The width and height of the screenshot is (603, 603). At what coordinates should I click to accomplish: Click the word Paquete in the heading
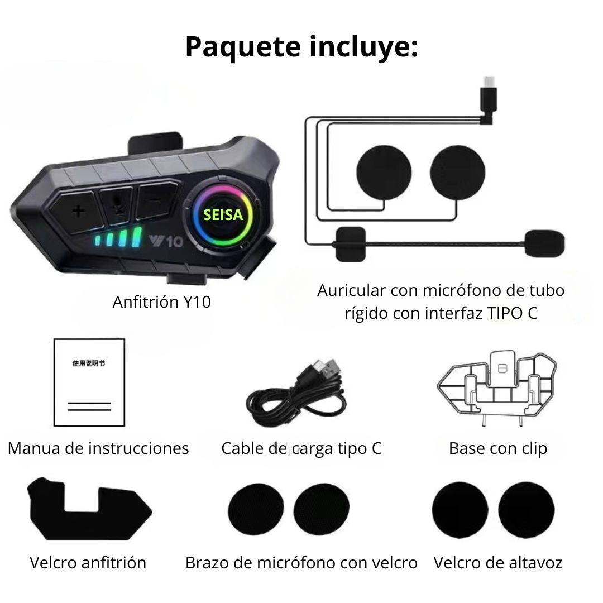(x=243, y=47)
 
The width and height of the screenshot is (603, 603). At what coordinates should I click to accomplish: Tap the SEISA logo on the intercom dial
(x=223, y=214)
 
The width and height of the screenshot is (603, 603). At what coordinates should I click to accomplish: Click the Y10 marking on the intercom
(x=166, y=241)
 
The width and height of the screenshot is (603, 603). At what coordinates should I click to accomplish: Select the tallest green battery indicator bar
(x=137, y=237)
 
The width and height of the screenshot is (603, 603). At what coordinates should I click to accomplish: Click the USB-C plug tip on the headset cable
(x=489, y=82)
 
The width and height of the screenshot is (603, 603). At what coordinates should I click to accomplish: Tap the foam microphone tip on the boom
(x=544, y=243)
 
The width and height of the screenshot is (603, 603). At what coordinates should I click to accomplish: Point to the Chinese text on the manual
(x=88, y=363)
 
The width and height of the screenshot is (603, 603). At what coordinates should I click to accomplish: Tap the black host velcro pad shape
(x=89, y=509)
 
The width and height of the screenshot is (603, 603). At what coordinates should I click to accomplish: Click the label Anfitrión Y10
(x=161, y=302)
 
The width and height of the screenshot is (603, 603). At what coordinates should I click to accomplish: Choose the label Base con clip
(x=497, y=448)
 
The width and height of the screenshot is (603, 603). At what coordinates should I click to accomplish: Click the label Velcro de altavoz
(x=497, y=563)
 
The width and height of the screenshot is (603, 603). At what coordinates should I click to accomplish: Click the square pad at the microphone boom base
(x=350, y=244)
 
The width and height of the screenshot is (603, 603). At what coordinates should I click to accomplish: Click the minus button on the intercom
(x=156, y=200)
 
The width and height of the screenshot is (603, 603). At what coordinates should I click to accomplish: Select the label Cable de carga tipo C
(x=301, y=448)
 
